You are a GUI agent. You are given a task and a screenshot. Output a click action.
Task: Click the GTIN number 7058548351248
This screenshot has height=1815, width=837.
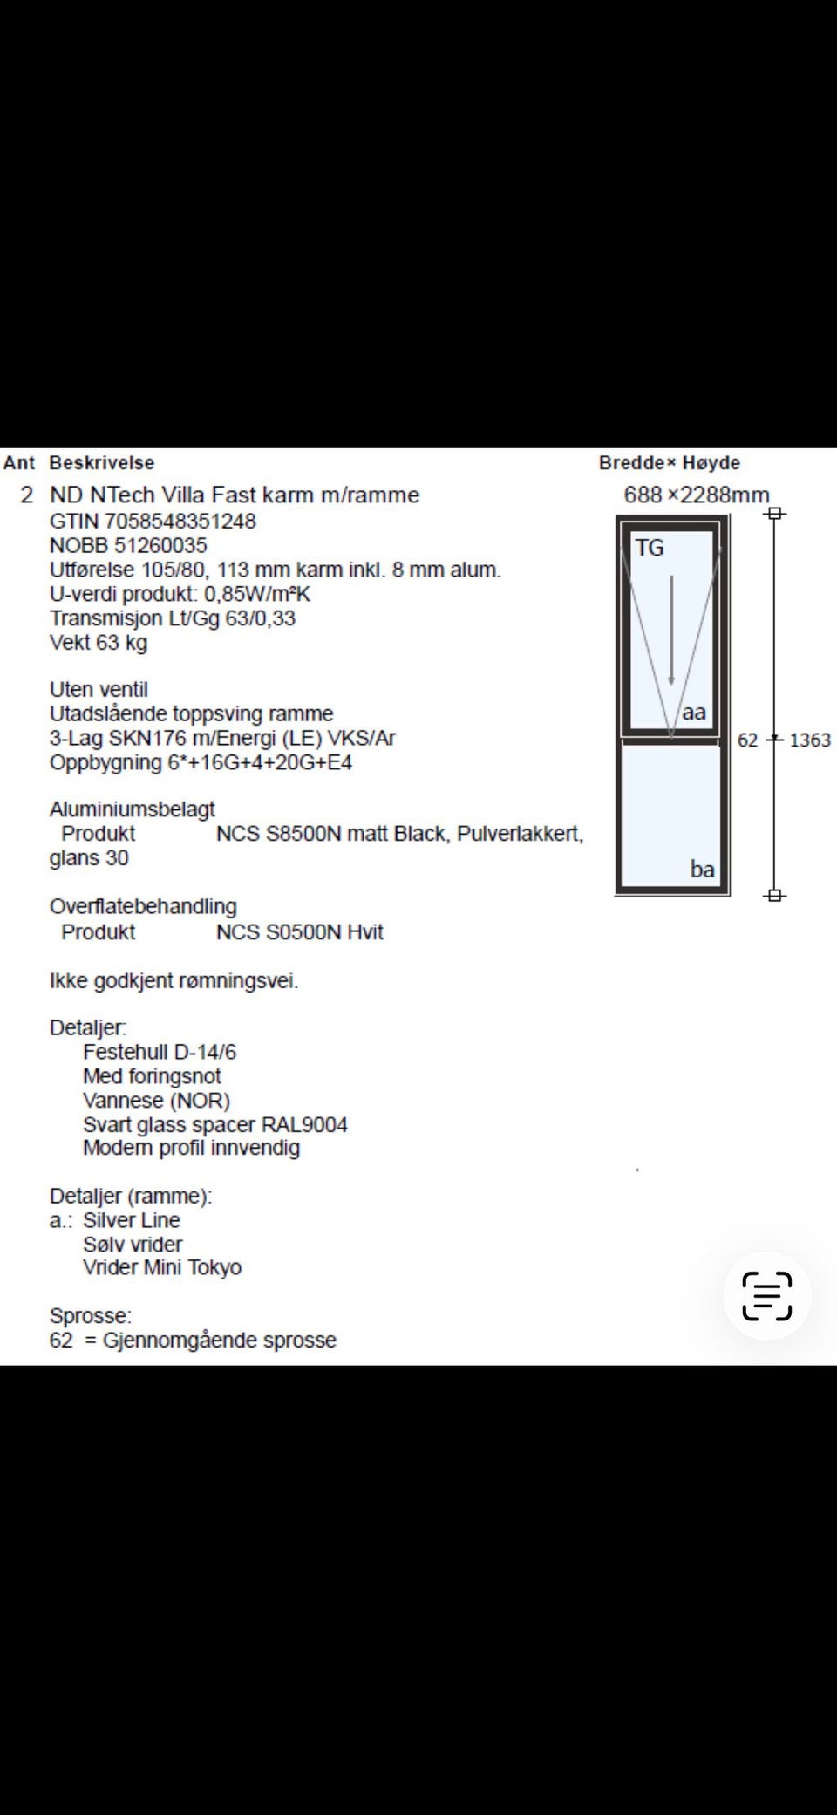tap(180, 522)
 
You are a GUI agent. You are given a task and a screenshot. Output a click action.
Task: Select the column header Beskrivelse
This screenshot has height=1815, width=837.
tap(101, 463)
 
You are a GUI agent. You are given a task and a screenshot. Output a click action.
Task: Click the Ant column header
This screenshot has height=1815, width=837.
tap(19, 463)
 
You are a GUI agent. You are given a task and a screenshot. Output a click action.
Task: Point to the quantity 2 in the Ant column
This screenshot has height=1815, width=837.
tap(27, 495)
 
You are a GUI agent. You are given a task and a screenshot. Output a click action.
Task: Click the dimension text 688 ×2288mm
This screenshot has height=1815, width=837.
tap(696, 495)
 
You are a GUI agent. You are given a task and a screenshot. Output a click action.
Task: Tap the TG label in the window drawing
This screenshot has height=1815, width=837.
tap(650, 548)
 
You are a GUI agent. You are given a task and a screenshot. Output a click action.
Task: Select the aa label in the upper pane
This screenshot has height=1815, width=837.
tap(694, 713)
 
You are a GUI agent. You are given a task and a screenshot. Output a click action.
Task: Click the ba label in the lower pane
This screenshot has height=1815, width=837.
tap(702, 869)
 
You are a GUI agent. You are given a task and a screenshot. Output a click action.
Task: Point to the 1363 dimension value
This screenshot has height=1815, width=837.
tap(810, 740)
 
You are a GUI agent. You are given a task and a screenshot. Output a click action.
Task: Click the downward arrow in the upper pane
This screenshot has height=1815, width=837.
tap(671, 630)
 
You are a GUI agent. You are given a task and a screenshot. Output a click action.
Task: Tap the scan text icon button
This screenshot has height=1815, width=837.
tap(767, 1296)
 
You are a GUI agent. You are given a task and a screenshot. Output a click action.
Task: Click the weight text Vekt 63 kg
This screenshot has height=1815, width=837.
tap(99, 643)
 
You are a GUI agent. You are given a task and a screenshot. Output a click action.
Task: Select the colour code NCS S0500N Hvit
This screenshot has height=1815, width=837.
tap(299, 932)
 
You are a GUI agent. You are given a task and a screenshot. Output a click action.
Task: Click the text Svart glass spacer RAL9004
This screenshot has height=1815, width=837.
tap(215, 1125)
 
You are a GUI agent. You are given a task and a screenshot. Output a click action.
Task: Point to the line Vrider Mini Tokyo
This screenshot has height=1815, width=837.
tap(162, 1267)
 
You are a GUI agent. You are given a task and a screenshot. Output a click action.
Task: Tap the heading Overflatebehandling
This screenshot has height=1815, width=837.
tap(143, 906)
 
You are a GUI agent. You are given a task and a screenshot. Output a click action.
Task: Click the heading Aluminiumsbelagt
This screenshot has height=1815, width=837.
tap(133, 809)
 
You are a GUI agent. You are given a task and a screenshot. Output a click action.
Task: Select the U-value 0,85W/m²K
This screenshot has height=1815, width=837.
tap(257, 595)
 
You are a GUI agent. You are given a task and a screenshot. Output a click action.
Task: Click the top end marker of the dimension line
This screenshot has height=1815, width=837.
tap(774, 513)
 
